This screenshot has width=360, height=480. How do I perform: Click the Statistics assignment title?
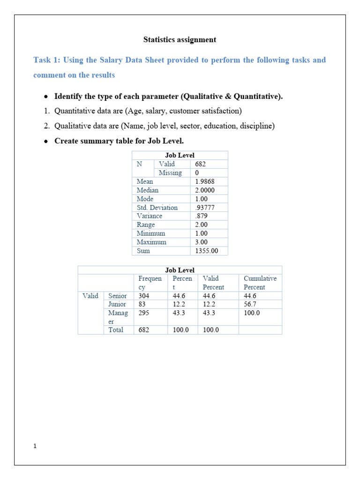180,40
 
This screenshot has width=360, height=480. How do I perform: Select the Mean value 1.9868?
205,181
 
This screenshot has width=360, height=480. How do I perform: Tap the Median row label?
147,190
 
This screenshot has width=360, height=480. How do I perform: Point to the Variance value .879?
202,216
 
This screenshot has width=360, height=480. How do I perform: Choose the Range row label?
145,225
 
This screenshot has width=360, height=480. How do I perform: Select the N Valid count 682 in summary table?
200,164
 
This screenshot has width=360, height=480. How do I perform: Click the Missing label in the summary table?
170,173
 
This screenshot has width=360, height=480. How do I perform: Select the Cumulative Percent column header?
260,283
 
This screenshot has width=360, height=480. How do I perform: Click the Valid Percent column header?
213,283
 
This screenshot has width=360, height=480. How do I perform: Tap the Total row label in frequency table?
116,330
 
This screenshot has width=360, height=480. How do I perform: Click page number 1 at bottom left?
35,446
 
